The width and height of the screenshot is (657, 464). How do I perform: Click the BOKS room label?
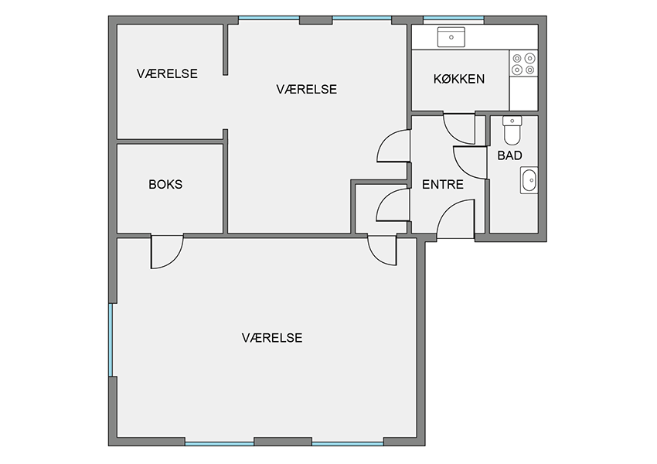[x=165, y=184]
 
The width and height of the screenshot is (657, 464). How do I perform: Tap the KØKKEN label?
[x=459, y=79]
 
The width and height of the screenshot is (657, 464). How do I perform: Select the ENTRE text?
[x=442, y=184]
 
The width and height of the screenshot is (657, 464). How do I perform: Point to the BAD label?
[x=509, y=155]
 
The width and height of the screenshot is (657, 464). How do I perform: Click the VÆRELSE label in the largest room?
[x=272, y=338]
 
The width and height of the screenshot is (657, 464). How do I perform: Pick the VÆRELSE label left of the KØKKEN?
[x=306, y=89]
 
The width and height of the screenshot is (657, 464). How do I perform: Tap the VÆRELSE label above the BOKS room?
[x=167, y=73]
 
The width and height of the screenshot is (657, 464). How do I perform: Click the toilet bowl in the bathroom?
[x=512, y=135]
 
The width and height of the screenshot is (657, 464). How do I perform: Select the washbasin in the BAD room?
[x=529, y=180]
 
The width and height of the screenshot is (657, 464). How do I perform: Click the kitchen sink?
[x=451, y=37]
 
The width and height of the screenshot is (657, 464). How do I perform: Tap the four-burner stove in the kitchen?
[x=523, y=63]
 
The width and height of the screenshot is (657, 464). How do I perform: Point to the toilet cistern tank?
[x=512, y=121]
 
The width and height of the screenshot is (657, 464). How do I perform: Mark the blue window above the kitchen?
[x=454, y=19]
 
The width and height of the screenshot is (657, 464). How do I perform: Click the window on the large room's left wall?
[x=111, y=340]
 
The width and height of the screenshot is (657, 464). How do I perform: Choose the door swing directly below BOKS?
[x=167, y=251]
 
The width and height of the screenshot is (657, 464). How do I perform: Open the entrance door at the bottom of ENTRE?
[x=455, y=219]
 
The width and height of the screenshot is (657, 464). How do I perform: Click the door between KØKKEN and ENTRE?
[x=459, y=128]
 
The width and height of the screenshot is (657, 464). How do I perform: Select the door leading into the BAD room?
[x=470, y=163]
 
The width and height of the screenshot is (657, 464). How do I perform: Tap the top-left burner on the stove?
[x=517, y=58]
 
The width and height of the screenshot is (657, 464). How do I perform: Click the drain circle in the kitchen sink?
[x=451, y=37]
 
